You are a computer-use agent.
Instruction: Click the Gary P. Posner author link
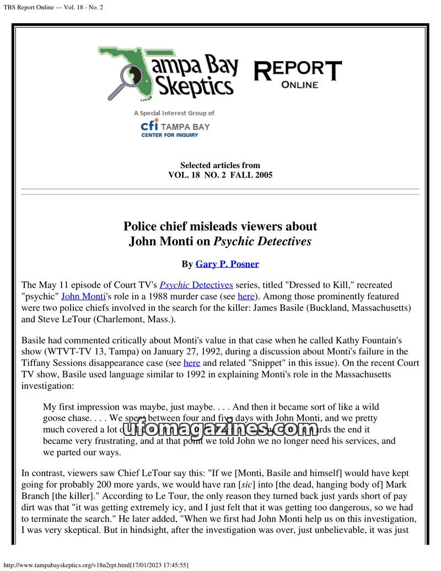click(x=227, y=264)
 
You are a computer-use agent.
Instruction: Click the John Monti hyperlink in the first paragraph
click(x=83, y=296)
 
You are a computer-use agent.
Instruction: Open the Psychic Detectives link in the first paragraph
click(x=196, y=285)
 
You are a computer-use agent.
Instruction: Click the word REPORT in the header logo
click(x=297, y=71)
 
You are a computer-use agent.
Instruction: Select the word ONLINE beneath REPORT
click(x=299, y=85)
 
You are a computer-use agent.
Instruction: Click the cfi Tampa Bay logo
click(x=175, y=127)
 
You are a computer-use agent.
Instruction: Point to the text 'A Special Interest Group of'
click(x=174, y=113)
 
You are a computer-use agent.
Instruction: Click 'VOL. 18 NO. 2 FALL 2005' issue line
click(x=220, y=175)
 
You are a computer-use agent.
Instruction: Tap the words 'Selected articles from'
click(x=220, y=165)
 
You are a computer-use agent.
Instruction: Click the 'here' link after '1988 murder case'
click(x=246, y=296)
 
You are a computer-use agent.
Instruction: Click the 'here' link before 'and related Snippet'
click(x=191, y=363)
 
